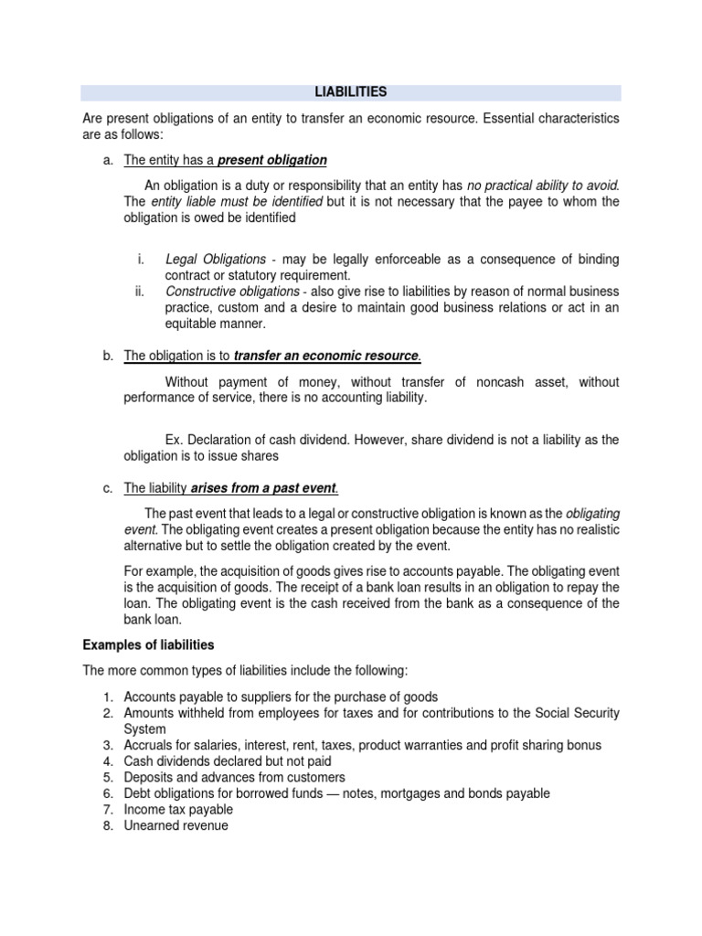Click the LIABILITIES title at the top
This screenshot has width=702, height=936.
tap(351, 92)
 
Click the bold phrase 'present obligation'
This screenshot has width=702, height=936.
tap(271, 160)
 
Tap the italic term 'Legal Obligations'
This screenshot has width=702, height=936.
tap(216, 260)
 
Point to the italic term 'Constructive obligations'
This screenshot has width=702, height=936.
tap(232, 292)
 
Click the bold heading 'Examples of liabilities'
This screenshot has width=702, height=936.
tap(148, 645)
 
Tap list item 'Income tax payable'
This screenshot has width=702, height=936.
tap(178, 810)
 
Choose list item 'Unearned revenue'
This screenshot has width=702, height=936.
tap(175, 826)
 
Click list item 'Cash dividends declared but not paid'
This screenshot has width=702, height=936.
tap(228, 760)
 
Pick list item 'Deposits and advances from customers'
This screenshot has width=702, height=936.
tap(234, 777)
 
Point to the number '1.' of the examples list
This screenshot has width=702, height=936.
tap(108, 697)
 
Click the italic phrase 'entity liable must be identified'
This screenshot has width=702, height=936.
tap(237, 202)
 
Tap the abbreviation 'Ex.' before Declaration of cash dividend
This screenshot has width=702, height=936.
tap(175, 440)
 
